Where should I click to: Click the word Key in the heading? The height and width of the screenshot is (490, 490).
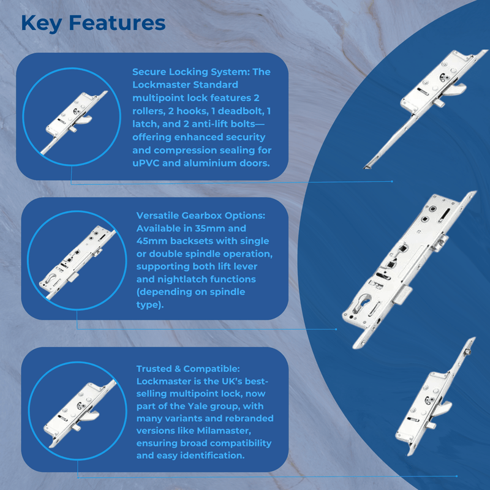pyautogui.click(x=41, y=24)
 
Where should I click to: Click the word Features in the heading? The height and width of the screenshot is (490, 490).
pyautogui.click(x=117, y=23)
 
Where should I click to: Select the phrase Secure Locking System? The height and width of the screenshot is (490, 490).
pyautogui.click(x=190, y=72)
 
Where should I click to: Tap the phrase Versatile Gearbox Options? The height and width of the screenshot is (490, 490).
pyautogui.click(x=200, y=216)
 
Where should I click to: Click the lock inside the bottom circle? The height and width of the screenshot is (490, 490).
pyautogui.click(x=80, y=413)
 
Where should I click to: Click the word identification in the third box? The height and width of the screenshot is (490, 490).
pyautogui.click(x=213, y=455)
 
